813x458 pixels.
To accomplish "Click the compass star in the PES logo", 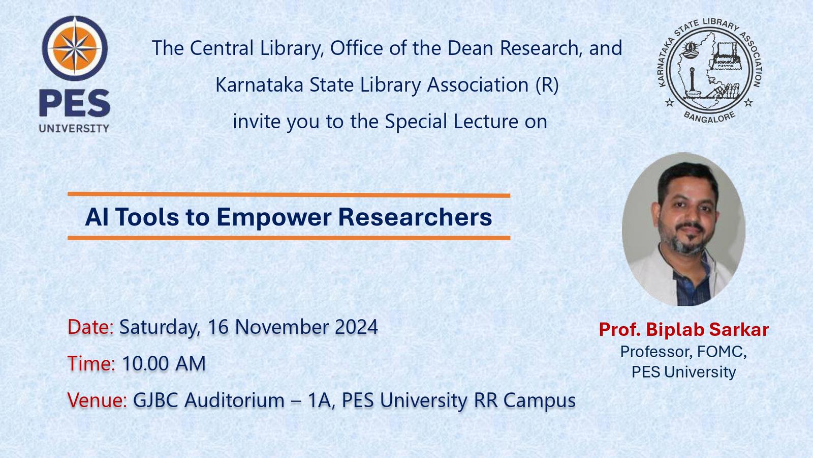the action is pyautogui.click(x=75, y=48).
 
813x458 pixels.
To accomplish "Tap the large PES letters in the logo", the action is pyautogui.click(x=74, y=104).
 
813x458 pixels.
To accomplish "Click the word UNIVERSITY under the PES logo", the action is pyautogui.click(x=74, y=128).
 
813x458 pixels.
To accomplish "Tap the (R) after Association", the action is pyautogui.click(x=547, y=85).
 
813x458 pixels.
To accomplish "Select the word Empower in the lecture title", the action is pyautogui.click(x=274, y=218).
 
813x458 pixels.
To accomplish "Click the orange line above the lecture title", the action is pyautogui.click(x=289, y=195).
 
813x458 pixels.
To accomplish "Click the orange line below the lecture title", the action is pyautogui.click(x=289, y=238).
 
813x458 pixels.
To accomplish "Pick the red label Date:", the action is pyautogui.click(x=91, y=327).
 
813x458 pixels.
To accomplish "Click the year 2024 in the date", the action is pyautogui.click(x=356, y=327).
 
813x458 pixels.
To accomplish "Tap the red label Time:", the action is pyautogui.click(x=91, y=363).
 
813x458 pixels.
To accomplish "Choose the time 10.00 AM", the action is pyautogui.click(x=164, y=363).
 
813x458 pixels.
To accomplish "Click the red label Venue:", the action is pyautogui.click(x=97, y=400).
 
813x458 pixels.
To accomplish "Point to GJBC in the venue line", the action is pyautogui.click(x=155, y=400).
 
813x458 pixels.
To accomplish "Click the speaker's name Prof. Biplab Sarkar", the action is pyautogui.click(x=684, y=330).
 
